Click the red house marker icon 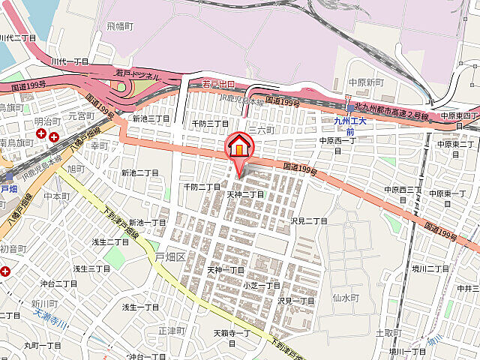click(238, 145)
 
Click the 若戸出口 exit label click(219, 84)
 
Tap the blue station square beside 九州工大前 click(350, 108)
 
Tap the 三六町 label click(262, 130)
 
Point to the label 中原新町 click(367, 82)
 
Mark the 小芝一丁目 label click(261, 285)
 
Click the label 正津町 click(172, 330)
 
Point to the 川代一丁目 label click(70, 60)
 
